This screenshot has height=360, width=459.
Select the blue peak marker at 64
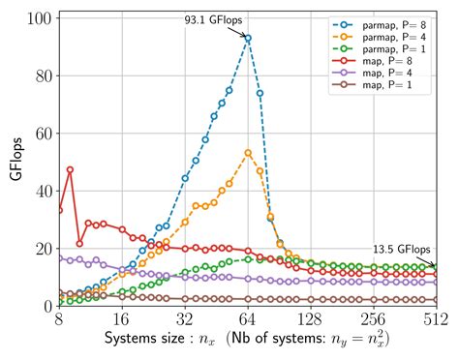click(x=248, y=39)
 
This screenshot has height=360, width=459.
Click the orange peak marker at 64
click(x=248, y=153)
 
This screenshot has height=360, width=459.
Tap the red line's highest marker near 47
click(x=70, y=169)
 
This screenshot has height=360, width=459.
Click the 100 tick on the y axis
click(x=39, y=17)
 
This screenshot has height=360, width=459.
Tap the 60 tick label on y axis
click(x=42, y=133)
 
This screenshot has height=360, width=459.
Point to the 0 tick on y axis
click(x=46, y=306)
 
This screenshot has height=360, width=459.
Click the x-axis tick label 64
click(x=248, y=320)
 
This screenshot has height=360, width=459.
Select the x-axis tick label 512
click(x=436, y=320)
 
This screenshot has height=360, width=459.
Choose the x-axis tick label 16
click(x=122, y=320)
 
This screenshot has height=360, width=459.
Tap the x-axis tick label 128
click(x=311, y=320)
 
